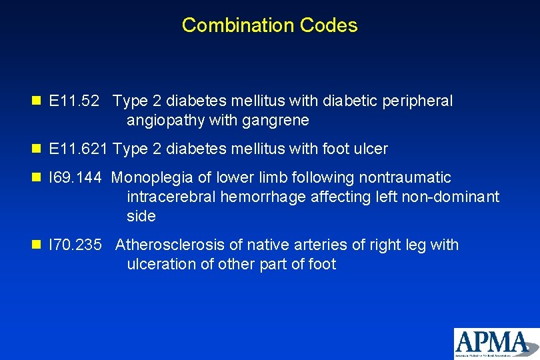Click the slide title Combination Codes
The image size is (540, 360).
269,25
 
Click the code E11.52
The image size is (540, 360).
75,101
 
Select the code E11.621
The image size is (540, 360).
78,149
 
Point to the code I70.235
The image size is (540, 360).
76,245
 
